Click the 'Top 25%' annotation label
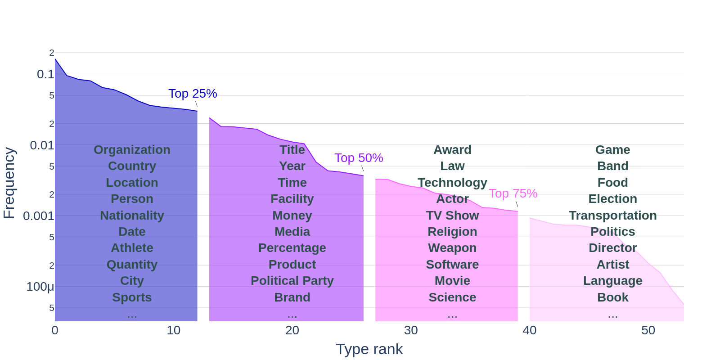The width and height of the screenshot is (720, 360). pos(193,94)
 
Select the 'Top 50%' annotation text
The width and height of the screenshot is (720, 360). pos(359,158)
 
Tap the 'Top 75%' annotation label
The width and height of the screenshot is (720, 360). pos(513,193)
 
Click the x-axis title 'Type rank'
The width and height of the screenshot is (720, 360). pos(369,349)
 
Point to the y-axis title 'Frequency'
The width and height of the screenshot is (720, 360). pos(9,183)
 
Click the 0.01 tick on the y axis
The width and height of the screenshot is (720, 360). pos(42,145)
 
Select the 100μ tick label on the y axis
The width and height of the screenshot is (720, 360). pos(40,287)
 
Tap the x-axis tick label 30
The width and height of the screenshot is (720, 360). pos(411,330)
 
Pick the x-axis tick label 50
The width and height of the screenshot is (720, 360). pos(648,330)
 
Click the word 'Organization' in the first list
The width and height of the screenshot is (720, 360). pos(132,150)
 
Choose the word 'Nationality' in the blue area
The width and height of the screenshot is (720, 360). pos(132,216)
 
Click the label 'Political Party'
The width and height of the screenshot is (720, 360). pos(292,281)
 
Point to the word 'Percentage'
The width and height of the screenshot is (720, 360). pos(292,248)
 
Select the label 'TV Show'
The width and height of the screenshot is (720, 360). pos(452,216)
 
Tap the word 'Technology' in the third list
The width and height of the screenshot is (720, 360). pos(452,183)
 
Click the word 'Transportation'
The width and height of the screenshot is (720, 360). pos(612,216)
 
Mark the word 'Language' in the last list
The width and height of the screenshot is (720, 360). pos(612,281)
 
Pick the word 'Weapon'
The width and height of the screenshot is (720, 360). pos(452,248)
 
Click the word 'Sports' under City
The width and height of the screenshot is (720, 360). pos(132,297)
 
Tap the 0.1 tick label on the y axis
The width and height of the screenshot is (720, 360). pos(45,74)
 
